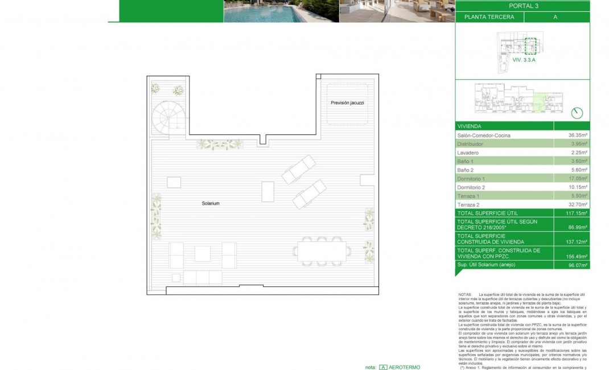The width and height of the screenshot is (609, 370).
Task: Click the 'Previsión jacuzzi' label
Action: click(x=347, y=102)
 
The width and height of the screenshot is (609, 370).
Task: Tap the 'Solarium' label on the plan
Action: click(x=211, y=203)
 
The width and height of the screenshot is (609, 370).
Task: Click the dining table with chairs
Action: click(x=322, y=250)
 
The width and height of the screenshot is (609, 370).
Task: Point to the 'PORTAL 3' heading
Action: click(x=523, y=6)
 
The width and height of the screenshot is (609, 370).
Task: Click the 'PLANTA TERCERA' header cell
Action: click(x=489, y=17)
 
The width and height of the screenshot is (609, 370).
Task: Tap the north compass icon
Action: click(x=577, y=112)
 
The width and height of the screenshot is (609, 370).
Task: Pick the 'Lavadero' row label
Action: click(x=468, y=153)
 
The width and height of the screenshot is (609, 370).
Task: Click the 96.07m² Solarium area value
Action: click(x=577, y=265)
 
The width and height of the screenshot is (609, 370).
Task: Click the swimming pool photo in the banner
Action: click(x=281, y=11)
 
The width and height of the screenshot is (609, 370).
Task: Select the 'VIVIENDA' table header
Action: click(x=470, y=126)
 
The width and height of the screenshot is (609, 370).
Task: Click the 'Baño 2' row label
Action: click(x=466, y=170)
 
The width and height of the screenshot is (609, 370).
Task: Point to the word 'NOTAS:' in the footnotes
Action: click(x=464, y=294)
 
